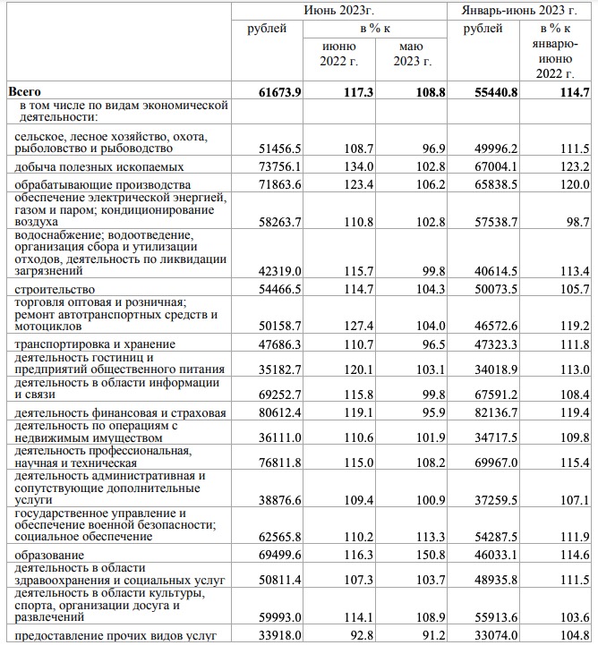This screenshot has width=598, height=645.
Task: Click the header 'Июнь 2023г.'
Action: click(x=339, y=10)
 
